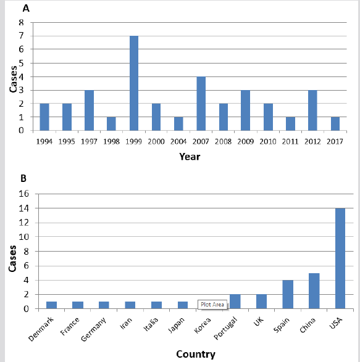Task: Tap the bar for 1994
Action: (x=44, y=117)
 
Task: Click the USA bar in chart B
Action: (x=340, y=258)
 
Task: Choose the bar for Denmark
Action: (x=52, y=305)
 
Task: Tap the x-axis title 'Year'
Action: (x=190, y=157)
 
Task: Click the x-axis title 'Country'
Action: (x=195, y=354)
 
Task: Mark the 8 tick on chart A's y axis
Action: (x=22, y=22)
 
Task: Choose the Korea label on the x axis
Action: (x=203, y=324)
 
